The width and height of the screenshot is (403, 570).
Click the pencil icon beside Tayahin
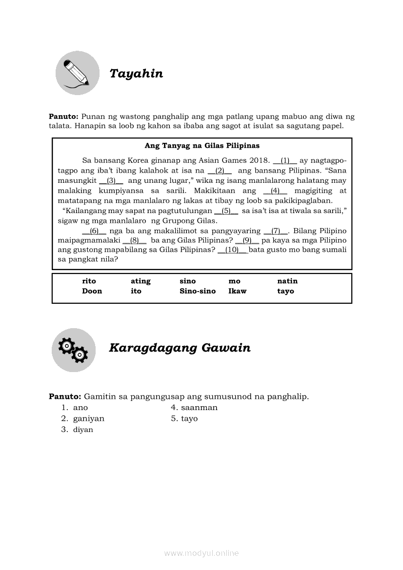pyautogui.click(x=77, y=73)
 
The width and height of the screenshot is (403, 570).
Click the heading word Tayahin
pyautogui.click(x=136, y=74)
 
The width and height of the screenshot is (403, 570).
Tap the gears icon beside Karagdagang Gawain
pyautogui.click(x=73, y=350)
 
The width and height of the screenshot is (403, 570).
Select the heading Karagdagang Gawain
pyautogui.click(x=180, y=348)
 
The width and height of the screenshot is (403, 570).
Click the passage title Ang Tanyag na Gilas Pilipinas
pyautogui.click(x=202, y=146)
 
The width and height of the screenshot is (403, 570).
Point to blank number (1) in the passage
pyautogui.click(x=285, y=160)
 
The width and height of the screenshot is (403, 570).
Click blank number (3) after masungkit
pyautogui.click(x=111, y=180)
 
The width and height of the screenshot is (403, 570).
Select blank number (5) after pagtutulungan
pyautogui.click(x=226, y=211)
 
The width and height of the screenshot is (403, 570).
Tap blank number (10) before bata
pyautogui.click(x=233, y=250)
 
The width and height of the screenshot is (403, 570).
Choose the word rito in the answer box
pyautogui.click(x=89, y=281)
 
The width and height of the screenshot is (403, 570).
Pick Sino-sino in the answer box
pyautogui.click(x=198, y=292)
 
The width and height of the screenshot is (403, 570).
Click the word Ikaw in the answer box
pyautogui.click(x=238, y=292)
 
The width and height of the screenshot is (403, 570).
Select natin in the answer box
pyautogui.click(x=287, y=281)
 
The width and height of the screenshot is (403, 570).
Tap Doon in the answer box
pyautogui.click(x=92, y=292)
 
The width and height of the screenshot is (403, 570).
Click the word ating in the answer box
pyautogui.click(x=141, y=281)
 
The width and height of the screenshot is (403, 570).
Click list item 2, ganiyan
pyautogui.click(x=88, y=419)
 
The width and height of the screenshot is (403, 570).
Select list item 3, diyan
pyautogui.click(x=83, y=430)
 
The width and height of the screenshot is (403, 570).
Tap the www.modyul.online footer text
pyautogui.click(x=201, y=553)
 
